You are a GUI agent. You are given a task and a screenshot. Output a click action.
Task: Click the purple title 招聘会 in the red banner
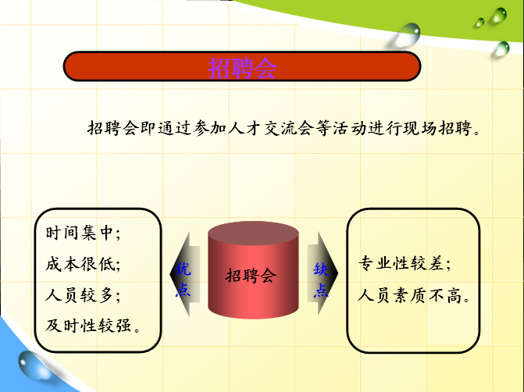click(x=242, y=68)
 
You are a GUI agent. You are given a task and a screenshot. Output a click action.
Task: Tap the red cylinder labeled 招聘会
click(x=253, y=270)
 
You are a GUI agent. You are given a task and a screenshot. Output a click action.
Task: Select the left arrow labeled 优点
click(x=185, y=274)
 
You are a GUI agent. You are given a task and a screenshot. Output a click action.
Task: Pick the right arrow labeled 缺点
click(x=323, y=273)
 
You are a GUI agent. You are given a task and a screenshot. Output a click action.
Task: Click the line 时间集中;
click(x=83, y=233)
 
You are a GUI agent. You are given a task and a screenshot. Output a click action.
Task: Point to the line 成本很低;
click(x=83, y=265)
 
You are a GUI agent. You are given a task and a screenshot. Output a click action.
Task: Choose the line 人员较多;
click(x=83, y=295)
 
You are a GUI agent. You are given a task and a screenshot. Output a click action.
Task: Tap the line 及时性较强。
click(x=93, y=326)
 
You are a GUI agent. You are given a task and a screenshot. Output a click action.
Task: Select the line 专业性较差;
click(x=405, y=263)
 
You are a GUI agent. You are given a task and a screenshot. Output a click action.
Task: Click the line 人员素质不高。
click(x=414, y=296)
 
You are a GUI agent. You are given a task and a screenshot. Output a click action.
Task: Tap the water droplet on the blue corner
click(x=35, y=365)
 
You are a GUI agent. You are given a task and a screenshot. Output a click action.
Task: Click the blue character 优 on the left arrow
click(x=183, y=269)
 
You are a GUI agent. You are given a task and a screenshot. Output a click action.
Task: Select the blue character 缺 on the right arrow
click(x=321, y=269)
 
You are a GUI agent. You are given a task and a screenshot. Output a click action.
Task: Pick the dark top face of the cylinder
click(x=253, y=233)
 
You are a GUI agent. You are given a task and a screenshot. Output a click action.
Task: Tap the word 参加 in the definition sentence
click(x=210, y=128)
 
